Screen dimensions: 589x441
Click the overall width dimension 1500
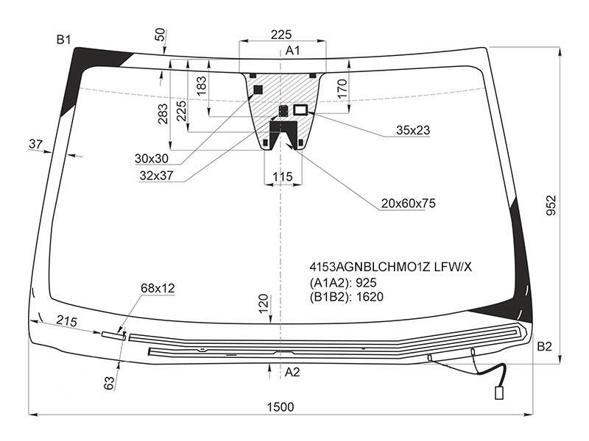click(x=281, y=407)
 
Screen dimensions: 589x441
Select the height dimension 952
click(x=551, y=205)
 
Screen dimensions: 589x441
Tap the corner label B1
click(x=63, y=40)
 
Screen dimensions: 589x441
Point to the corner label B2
click(x=544, y=346)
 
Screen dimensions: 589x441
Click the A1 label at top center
click(x=292, y=50)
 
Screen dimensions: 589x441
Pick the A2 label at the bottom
click(x=292, y=372)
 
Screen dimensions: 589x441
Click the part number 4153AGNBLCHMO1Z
click(x=370, y=267)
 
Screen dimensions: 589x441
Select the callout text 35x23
click(x=413, y=130)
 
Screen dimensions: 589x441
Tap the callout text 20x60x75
click(x=409, y=204)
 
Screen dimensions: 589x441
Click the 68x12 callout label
click(x=158, y=288)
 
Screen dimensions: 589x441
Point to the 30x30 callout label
click(x=152, y=159)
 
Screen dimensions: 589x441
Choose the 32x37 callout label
click(x=156, y=176)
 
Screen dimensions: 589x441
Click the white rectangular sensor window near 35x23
click(x=300, y=110)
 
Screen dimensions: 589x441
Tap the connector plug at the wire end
click(x=499, y=393)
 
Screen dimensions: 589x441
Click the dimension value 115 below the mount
click(x=283, y=176)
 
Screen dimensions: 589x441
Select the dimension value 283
click(x=163, y=114)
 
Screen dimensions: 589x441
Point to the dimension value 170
click(x=342, y=88)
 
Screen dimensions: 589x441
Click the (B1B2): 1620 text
click(x=346, y=297)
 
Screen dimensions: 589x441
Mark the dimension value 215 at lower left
click(x=66, y=321)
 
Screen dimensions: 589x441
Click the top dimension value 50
click(x=160, y=35)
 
